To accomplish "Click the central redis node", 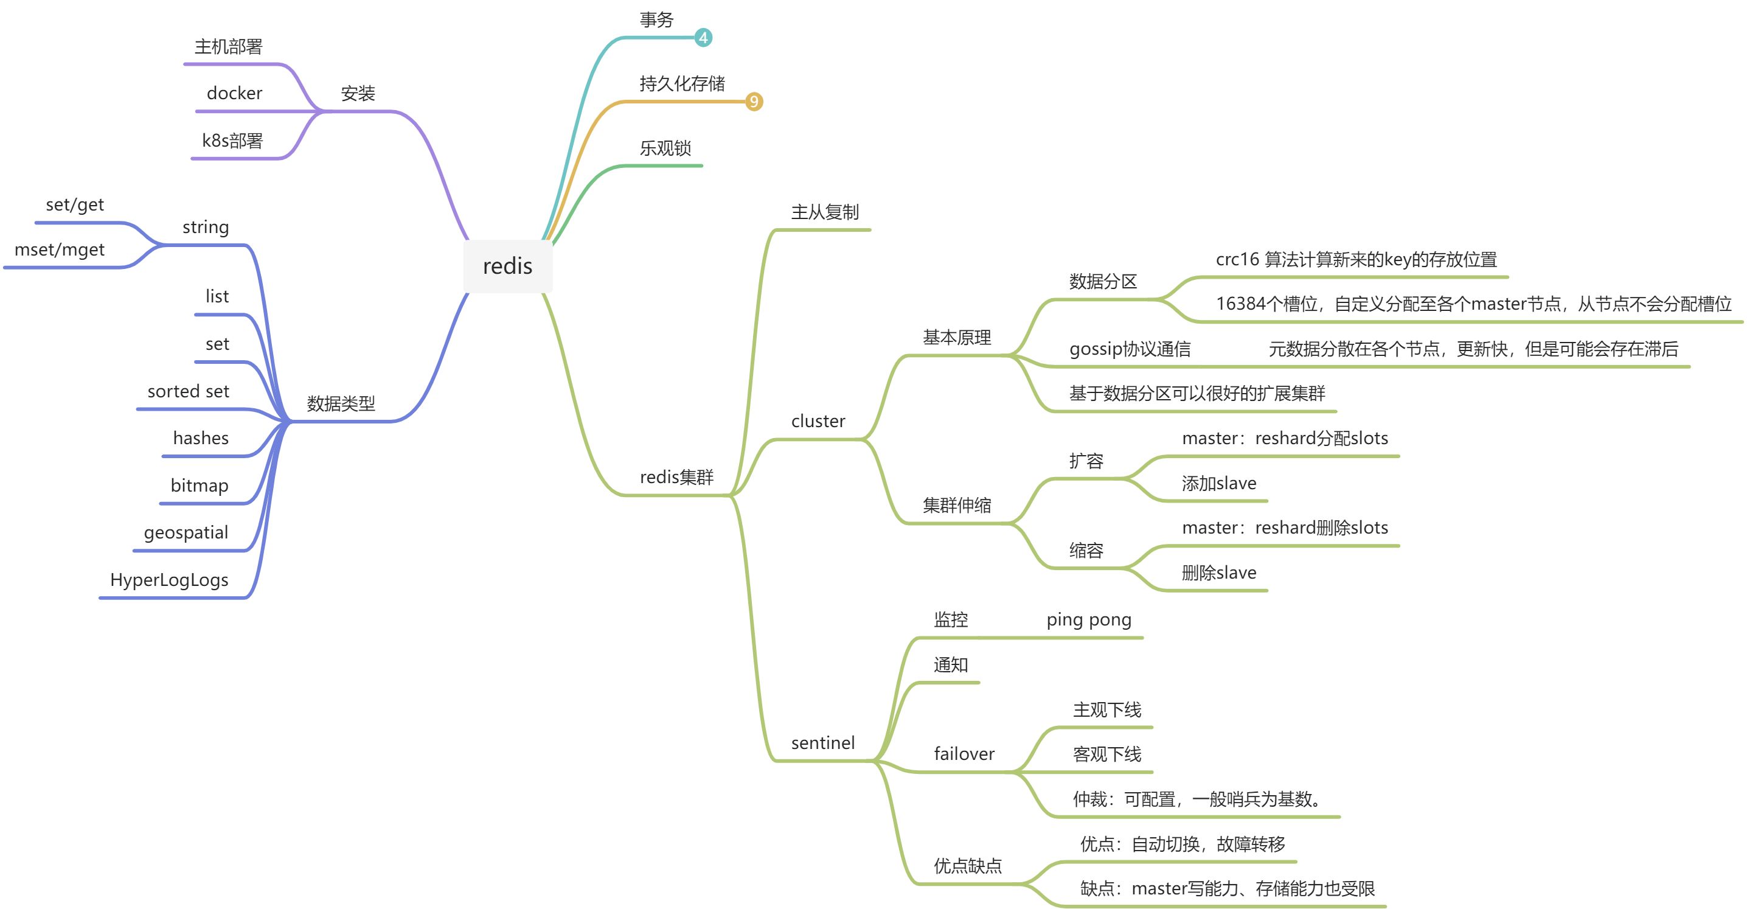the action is coord(508,266).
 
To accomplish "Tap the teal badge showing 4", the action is coord(703,38).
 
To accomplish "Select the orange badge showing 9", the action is coord(754,102).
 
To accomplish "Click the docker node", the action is coord(235,93).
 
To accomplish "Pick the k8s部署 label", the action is coord(232,141).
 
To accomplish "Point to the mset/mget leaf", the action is coord(60,250).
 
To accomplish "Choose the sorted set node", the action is coord(189,391).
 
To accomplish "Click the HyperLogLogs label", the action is coord(170,580).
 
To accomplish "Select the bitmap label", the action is coord(200,486).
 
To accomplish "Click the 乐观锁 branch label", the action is coord(665,148).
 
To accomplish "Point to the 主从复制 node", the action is coord(825,212).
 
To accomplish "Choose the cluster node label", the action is coord(818,421).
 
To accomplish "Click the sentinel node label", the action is coord(822,743).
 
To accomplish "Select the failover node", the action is coord(964,754).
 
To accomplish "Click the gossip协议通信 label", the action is coord(1130,349).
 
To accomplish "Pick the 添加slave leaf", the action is coord(1218,484).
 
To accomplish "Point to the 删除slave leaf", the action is coord(1218,573).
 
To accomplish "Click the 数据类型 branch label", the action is coord(341,403).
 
